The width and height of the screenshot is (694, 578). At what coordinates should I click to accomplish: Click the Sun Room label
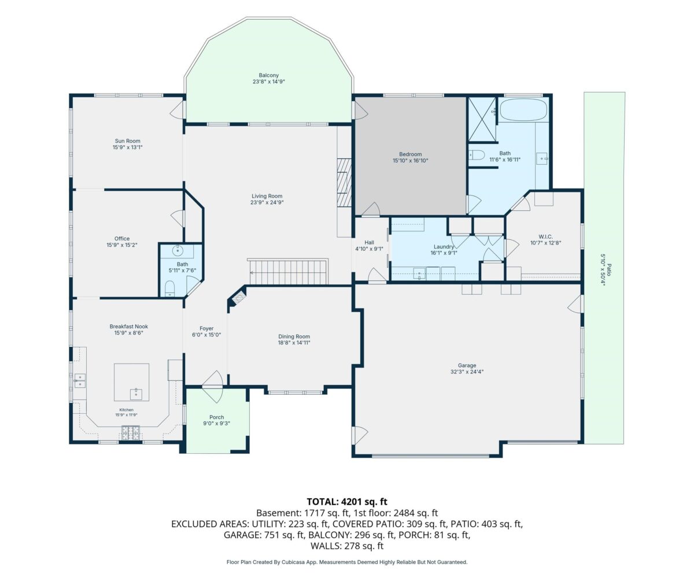(128, 141)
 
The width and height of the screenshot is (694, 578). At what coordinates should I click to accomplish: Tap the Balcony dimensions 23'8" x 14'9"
(269, 81)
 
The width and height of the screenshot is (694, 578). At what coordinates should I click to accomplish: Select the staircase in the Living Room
(288, 272)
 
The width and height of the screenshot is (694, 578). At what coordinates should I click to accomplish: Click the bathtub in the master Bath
(523, 110)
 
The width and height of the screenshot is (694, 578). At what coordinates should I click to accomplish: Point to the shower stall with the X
(482, 119)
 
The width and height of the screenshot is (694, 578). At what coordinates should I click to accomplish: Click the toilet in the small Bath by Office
(169, 288)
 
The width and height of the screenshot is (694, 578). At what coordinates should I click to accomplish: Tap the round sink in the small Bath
(178, 251)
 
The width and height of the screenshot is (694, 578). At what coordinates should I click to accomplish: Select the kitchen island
(132, 382)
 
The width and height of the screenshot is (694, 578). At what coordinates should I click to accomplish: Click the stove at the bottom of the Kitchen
(131, 433)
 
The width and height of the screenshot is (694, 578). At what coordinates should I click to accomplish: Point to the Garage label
(467, 365)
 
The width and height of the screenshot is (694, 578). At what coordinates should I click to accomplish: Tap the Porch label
(217, 417)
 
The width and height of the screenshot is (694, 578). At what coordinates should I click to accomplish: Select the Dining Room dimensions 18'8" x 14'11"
(294, 343)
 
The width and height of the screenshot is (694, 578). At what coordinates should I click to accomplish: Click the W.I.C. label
(546, 236)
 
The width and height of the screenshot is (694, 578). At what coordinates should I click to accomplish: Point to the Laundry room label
(444, 246)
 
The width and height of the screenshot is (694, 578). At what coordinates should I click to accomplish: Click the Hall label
(370, 243)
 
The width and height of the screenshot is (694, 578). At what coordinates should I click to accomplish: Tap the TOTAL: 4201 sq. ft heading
(347, 502)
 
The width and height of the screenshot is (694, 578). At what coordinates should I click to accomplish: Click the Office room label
(122, 239)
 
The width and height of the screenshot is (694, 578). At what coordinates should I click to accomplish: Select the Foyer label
(206, 328)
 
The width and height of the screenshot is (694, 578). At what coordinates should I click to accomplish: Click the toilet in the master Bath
(475, 155)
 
